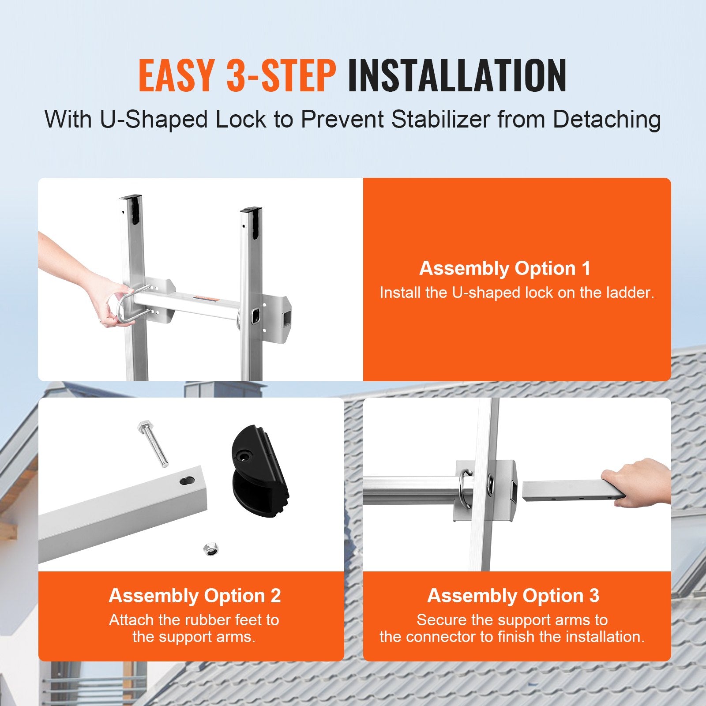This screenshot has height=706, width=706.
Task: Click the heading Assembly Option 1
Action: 505,268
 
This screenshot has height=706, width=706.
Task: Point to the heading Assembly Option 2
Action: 195,596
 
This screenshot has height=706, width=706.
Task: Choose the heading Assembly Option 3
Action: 513,596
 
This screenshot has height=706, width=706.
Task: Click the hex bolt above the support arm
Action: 153,443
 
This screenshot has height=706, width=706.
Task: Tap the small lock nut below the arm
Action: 211,549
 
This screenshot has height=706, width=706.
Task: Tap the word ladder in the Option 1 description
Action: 629,293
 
